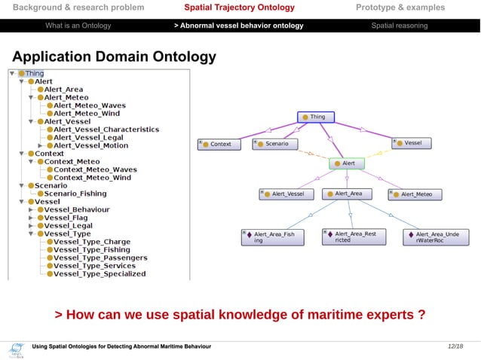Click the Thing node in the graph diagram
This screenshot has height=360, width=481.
coord(314,117)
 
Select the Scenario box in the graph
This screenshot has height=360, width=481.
coord(275,143)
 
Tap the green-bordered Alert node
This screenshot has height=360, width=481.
coord(348,163)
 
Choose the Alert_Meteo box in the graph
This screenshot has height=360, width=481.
coord(416,194)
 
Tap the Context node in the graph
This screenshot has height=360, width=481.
coord(219,143)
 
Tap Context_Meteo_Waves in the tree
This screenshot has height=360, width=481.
coord(95,169)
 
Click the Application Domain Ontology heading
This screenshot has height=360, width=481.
coord(114,57)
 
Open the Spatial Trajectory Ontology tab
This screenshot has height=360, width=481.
coord(240,8)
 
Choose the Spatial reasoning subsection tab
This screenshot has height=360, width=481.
coord(399,26)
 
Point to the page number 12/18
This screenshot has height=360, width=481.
coord(455,346)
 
